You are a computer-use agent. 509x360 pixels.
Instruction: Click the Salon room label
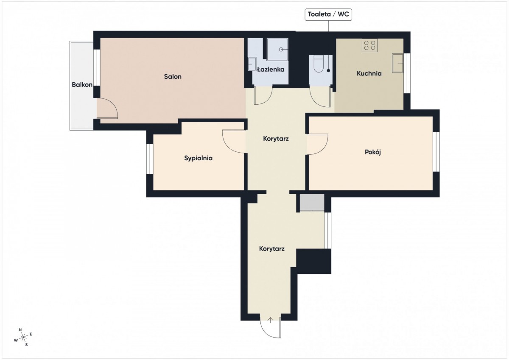pos(173,77)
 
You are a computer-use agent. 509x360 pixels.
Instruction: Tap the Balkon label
pos(82,85)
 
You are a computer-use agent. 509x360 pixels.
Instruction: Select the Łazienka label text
pos(271,69)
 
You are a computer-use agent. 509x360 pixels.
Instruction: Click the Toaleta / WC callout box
pos(328,14)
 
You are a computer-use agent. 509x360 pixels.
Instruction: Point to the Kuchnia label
pos(369,73)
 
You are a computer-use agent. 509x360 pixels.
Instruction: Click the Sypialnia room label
pos(198,158)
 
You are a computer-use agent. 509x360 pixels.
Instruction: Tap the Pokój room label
pos(373,152)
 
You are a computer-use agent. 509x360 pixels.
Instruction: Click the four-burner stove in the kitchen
pos(370,45)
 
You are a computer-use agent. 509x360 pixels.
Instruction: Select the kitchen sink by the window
pos(398,63)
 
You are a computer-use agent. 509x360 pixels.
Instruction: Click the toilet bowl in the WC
pos(320,64)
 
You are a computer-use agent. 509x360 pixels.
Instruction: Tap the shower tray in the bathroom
pos(277,49)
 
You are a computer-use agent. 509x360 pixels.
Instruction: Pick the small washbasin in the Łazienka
pos(252,64)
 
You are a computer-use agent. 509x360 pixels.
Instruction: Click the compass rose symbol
pos(23,337)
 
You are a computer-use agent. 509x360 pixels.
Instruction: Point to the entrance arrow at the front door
pos(270,321)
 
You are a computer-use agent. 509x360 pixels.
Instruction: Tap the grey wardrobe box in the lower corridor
pos(312,202)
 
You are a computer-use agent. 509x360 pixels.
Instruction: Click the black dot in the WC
pos(328,71)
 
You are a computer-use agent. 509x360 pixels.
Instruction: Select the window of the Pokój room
pos(436,152)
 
